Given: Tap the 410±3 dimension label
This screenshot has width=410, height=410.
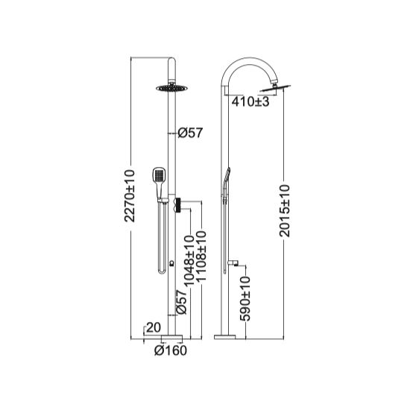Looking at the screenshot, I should coord(250,101).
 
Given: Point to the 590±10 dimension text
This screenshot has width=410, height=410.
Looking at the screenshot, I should coord(245,299).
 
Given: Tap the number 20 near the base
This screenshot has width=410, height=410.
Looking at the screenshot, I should coord(153,326).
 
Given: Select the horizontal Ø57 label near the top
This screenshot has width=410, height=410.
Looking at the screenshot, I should coord(191,133).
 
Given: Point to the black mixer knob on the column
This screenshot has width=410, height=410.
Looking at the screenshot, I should coord(179,206).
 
